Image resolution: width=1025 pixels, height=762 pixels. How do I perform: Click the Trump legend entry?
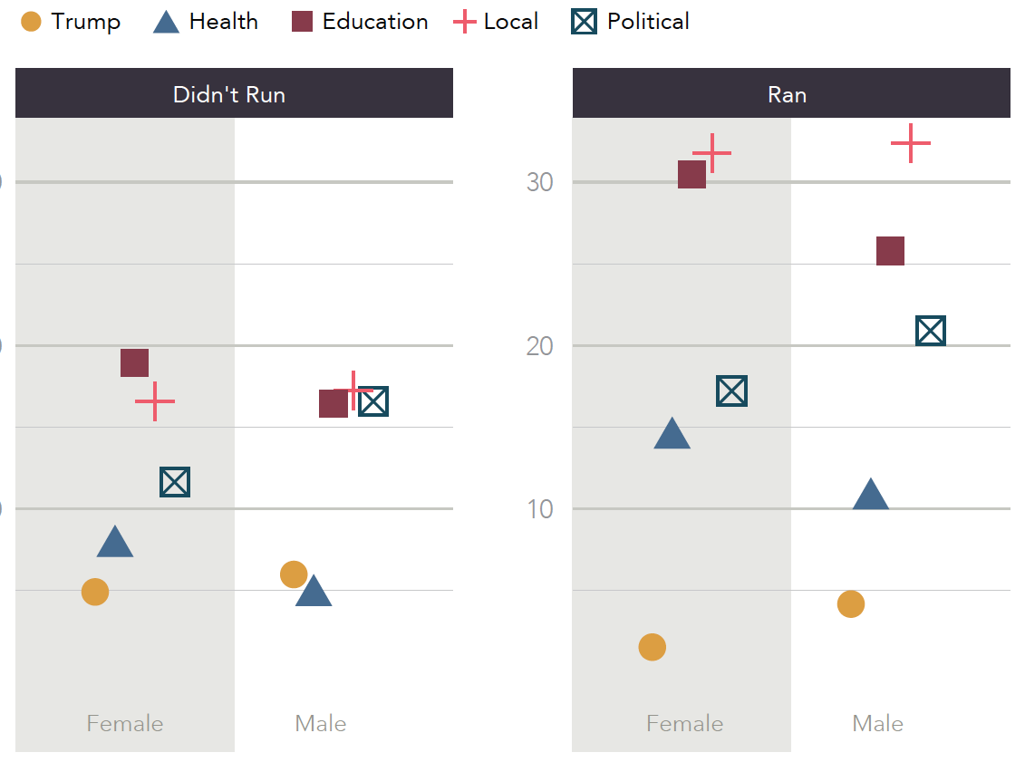(71, 22)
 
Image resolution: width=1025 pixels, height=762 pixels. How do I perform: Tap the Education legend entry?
(360, 22)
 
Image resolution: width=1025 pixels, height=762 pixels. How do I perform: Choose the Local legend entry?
(496, 22)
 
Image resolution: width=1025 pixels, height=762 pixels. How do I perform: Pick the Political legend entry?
(631, 22)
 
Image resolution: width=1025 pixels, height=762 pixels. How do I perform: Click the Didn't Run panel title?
(229, 94)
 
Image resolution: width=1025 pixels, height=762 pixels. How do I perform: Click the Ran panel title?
(787, 94)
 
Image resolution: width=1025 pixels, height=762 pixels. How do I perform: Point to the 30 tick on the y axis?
(539, 182)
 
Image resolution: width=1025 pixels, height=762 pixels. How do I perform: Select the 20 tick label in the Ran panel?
(539, 346)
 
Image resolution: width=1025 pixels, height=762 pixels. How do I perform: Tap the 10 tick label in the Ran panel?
(539, 509)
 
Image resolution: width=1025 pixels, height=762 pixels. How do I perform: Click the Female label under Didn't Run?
(125, 724)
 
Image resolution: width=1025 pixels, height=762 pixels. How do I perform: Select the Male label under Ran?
(877, 724)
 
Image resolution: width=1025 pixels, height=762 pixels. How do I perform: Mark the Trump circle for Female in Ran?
(652, 647)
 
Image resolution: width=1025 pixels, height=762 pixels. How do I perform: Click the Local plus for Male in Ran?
(911, 143)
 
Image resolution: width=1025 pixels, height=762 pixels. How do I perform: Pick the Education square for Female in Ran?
(691, 174)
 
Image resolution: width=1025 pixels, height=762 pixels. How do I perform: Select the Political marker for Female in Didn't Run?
(175, 482)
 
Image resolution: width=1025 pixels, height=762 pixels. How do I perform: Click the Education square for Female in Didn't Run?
(134, 362)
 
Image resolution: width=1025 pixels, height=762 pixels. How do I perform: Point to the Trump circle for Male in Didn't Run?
(294, 574)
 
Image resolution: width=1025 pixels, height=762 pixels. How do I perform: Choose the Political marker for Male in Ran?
(931, 332)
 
